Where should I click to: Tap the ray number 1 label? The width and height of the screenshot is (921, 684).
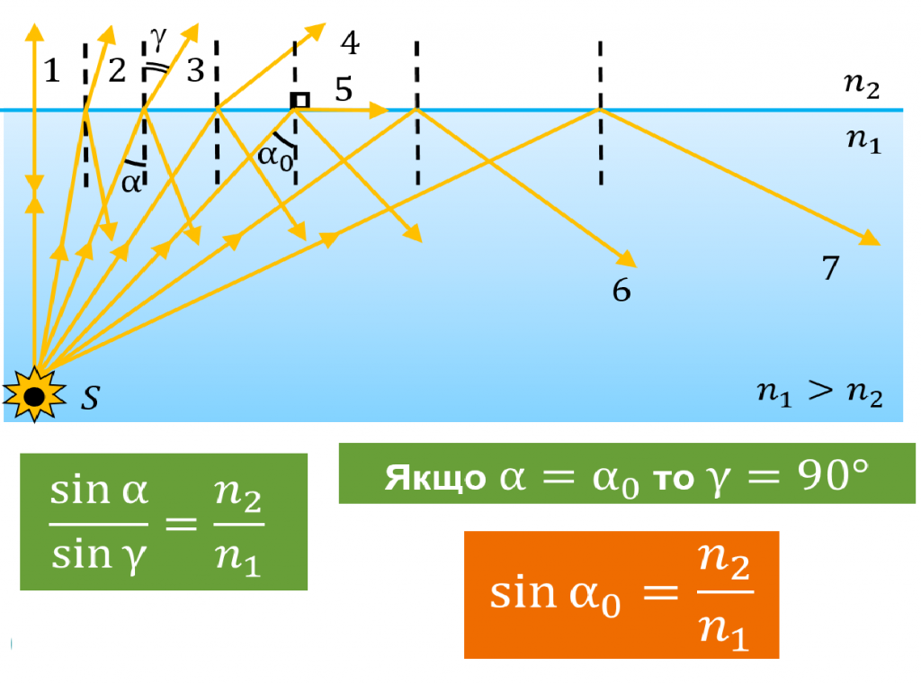[x=52, y=70]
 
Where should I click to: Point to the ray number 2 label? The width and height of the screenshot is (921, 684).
[x=117, y=70]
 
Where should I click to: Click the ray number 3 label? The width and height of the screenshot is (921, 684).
[x=195, y=70]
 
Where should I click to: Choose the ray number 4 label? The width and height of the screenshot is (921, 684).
[x=349, y=42]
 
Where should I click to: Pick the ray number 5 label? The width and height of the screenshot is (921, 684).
[x=344, y=89]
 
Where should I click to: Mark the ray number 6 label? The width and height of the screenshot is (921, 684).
[x=621, y=291]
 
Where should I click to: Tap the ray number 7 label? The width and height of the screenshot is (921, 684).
[x=831, y=267]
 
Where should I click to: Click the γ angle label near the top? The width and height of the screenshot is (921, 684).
[x=158, y=37]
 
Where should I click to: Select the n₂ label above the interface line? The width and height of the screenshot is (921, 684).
[x=861, y=86]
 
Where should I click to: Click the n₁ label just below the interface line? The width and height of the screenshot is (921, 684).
[x=861, y=139]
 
